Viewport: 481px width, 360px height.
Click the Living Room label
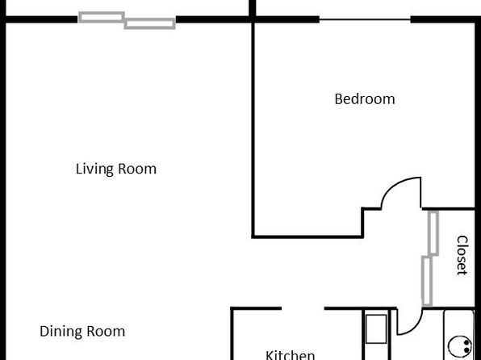tap(116, 169)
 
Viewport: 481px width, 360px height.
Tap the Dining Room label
tap(82, 331)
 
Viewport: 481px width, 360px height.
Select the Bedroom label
tap(365, 99)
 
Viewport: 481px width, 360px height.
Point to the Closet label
tap(462, 255)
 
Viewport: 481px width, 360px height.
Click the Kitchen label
tap(290, 355)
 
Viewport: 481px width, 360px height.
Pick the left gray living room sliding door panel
tap(102, 17)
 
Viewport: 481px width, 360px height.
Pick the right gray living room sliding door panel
tap(150, 23)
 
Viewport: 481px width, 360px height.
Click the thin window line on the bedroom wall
tap(365, 19)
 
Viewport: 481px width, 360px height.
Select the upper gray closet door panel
tap(433, 233)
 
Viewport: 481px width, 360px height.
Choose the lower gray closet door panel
tap(427, 281)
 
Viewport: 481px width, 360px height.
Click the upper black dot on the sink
tap(466, 342)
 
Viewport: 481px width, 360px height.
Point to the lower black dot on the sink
tap(466, 350)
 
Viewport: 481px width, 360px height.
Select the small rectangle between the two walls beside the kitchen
tap(376, 329)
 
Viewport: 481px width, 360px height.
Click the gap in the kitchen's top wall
tap(303, 308)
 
